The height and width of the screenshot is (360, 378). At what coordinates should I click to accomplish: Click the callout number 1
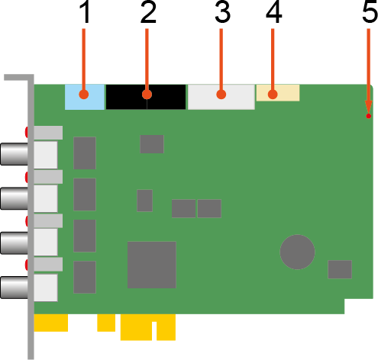tap(85, 13)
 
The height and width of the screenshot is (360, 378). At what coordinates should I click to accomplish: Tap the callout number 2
tap(148, 13)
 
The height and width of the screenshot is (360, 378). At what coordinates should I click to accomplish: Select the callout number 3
tap(222, 13)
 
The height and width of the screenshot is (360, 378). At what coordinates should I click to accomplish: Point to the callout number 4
tap(274, 13)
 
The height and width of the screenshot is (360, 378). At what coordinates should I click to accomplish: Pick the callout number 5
tap(370, 12)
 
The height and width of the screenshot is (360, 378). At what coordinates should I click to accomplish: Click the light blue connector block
tap(85, 97)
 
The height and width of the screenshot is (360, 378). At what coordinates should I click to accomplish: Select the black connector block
tap(146, 97)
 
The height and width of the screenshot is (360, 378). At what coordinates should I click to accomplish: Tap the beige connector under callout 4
tap(278, 93)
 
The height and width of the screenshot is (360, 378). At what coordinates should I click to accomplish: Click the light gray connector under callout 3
tap(221, 97)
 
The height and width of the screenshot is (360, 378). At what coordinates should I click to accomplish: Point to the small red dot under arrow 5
tap(368, 116)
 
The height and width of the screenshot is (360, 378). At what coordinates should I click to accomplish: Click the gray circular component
tap(297, 252)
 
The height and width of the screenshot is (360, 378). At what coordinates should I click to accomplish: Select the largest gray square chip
tap(152, 265)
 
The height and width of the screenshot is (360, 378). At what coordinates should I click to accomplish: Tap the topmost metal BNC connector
tap(15, 154)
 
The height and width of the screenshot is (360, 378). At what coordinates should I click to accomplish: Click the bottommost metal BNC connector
tap(15, 288)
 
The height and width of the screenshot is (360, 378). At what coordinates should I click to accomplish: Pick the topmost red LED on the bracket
tap(26, 132)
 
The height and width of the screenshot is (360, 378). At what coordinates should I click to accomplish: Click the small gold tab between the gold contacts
tap(106, 323)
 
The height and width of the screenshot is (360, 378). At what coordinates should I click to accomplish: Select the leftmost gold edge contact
tap(51, 323)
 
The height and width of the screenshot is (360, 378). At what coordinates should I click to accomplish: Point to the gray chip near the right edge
tap(340, 269)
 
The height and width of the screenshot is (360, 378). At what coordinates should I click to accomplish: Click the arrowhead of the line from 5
tap(369, 106)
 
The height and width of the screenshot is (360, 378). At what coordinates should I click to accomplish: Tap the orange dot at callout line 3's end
tap(221, 95)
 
